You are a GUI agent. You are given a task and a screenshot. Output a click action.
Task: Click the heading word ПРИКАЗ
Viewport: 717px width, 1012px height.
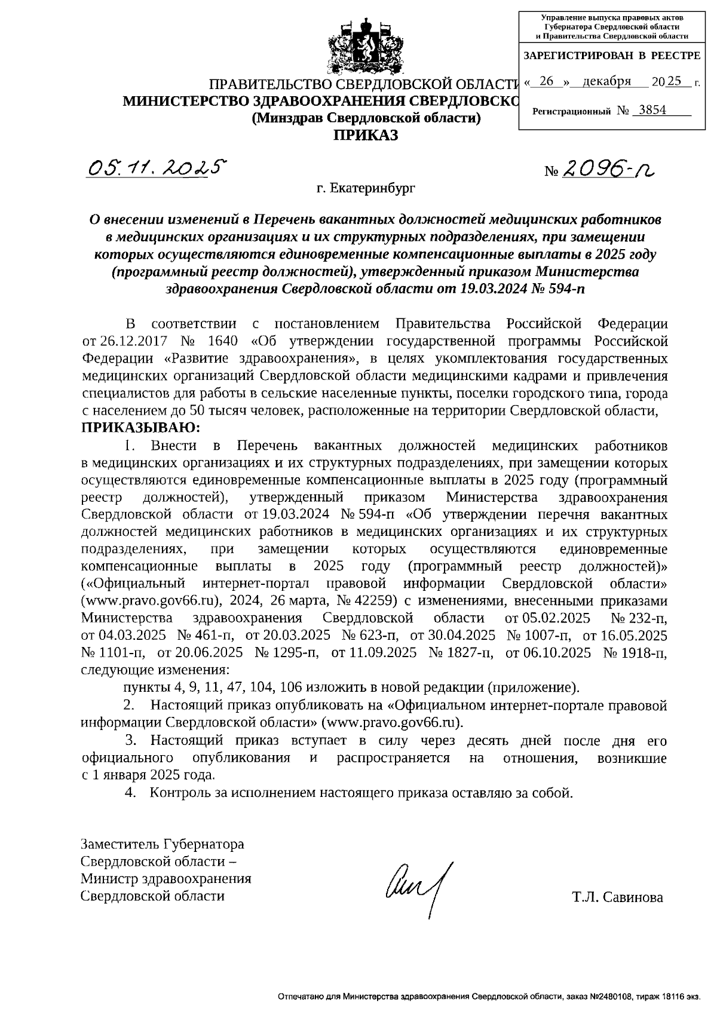(365, 136)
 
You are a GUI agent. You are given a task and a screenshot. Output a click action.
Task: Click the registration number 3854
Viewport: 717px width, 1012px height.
(652, 110)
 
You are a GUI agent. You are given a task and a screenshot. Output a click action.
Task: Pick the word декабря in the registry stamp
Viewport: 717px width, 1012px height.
(606, 82)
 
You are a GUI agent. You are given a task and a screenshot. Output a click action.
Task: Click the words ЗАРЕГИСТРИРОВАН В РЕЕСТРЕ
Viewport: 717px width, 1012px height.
(611, 56)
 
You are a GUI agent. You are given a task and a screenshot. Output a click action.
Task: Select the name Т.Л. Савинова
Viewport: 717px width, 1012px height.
(617, 897)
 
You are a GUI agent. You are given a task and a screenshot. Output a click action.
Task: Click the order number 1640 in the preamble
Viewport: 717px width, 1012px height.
(223, 341)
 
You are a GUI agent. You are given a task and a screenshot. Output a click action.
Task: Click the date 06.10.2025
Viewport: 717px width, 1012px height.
(548, 652)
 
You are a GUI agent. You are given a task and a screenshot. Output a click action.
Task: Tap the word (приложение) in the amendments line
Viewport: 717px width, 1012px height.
(534, 687)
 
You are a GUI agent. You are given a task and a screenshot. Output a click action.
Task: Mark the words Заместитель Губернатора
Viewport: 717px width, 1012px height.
(163, 845)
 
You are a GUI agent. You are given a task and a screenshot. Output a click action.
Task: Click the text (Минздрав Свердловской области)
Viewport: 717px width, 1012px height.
(366, 118)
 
